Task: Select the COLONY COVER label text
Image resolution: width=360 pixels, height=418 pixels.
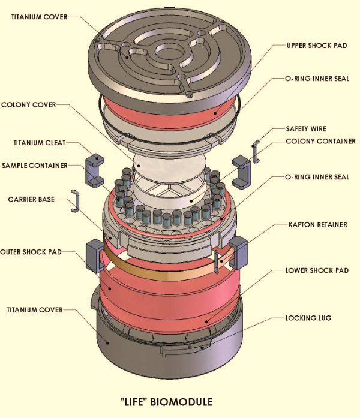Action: coord(28,105)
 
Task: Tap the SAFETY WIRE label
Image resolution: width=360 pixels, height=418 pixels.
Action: coord(306,129)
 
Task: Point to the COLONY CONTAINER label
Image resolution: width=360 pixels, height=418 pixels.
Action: coord(320,142)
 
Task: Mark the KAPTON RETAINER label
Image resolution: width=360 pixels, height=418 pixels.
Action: coord(316,224)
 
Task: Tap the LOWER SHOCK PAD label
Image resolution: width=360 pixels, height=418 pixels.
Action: coord(317,270)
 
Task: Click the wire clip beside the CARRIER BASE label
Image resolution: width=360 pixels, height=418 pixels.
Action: coord(75,201)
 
